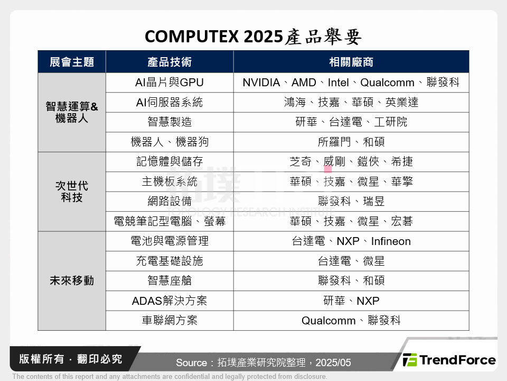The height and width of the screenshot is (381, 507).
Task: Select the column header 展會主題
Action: pos(72,62)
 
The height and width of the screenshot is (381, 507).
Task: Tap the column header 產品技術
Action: pos(170,62)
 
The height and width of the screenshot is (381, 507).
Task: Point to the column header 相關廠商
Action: pos(351,62)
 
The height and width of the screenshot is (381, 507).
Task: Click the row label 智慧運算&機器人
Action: pos(72,112)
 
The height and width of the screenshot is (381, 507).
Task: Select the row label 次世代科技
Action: pos(72,192)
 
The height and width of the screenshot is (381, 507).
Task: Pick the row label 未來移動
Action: pos(72,281)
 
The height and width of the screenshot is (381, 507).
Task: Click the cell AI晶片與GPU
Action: pos(170,83)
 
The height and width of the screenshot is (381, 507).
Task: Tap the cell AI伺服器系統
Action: pos(170,102)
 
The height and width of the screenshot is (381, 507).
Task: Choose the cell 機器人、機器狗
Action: pos(170,142)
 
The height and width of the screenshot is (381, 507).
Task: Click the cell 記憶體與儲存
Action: pos(170,162)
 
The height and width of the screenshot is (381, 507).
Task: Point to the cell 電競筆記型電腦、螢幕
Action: pos(170,221)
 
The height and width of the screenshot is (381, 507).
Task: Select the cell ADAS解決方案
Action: pos(170,301)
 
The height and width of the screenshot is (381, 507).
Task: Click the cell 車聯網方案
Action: pos(170,321)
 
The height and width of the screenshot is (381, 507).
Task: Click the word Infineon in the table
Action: pos(391,241)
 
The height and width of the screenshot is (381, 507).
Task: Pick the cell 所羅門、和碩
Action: pos(351,142)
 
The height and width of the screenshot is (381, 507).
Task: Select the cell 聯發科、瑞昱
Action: pos(351,202)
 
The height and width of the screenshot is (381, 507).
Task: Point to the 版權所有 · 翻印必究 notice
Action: pos(71,359)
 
